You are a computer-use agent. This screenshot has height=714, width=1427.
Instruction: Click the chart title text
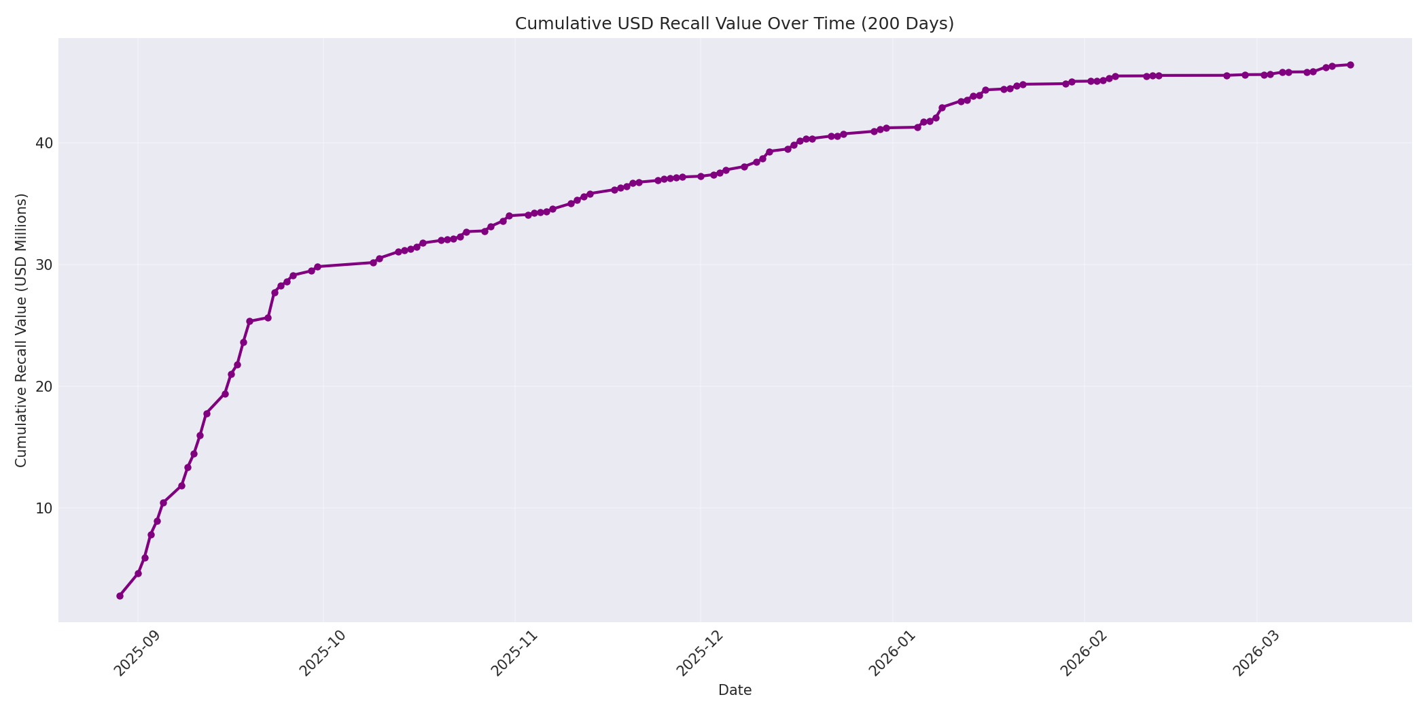[x=734, y=24]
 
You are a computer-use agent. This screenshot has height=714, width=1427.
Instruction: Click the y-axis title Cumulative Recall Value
[x=21, y=330]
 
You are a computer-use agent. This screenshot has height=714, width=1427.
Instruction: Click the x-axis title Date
[x=735, y=690]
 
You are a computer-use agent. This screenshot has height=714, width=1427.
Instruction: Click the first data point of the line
[x=120, y=596]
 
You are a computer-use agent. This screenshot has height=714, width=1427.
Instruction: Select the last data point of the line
[x=1350, y=65]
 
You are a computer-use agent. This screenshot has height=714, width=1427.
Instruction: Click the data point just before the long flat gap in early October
[x=317, y=267]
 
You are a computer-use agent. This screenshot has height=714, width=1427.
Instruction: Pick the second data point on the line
[x=138, y=573]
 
